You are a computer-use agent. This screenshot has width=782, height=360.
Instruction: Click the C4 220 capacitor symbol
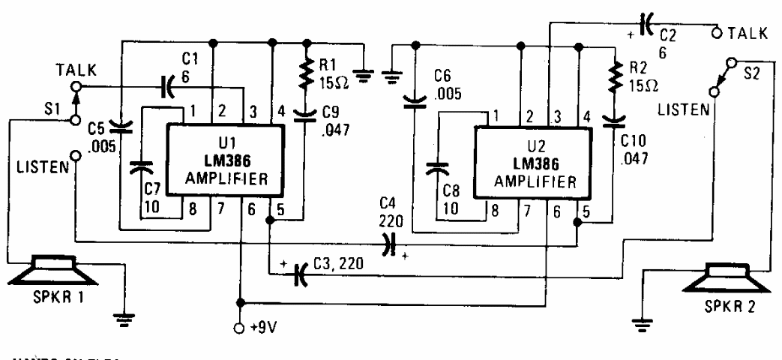click(x=388, y=243)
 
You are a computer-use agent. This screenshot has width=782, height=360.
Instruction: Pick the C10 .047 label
click(x=634, y=149)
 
